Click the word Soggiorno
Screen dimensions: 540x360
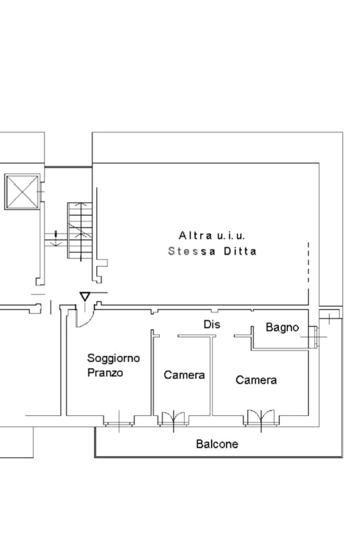click(113, 359)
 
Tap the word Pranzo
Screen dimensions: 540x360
click(105, 373)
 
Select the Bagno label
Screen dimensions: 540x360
click(282, 328)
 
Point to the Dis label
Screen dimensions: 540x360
click(211, 325)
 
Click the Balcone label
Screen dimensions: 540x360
click(217, 444)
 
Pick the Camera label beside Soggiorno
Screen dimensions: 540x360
click(184, 375)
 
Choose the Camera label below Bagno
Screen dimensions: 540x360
click(256, 380)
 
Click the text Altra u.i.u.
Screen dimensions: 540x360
click(212, 235)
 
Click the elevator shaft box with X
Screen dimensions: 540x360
click(22, 192)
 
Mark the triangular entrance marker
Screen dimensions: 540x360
click(85, 297)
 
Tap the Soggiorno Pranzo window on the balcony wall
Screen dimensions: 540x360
click(119, 421)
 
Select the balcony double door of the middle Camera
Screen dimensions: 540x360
click(173, 419)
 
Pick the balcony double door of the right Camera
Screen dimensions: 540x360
click(261, 419)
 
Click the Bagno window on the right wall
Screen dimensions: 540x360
click(314, 336)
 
